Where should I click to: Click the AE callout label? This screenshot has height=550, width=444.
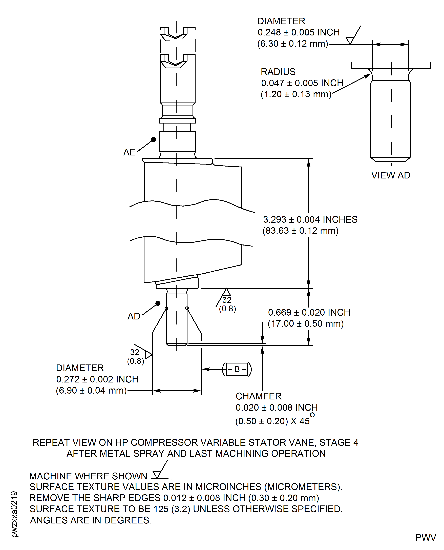(129, 152)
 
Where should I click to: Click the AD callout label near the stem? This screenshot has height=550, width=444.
(134, 316)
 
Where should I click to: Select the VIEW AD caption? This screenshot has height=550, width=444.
(391, 175)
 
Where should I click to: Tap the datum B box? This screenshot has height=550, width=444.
(237, 369)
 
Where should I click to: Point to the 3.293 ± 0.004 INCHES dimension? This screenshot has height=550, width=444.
(310, 219)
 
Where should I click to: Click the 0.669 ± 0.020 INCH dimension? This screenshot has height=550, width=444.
(309, 312)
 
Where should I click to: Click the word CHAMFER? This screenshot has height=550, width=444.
(259, 396)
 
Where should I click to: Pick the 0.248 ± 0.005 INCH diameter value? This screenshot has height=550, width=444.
(299, 32)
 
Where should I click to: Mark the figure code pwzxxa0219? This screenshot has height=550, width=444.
(14, 514)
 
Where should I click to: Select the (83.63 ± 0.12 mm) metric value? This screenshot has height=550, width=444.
(300, 231)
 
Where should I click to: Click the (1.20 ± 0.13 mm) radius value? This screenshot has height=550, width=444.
(296, 94)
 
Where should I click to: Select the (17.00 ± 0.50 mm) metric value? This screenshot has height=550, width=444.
(306, 324)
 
